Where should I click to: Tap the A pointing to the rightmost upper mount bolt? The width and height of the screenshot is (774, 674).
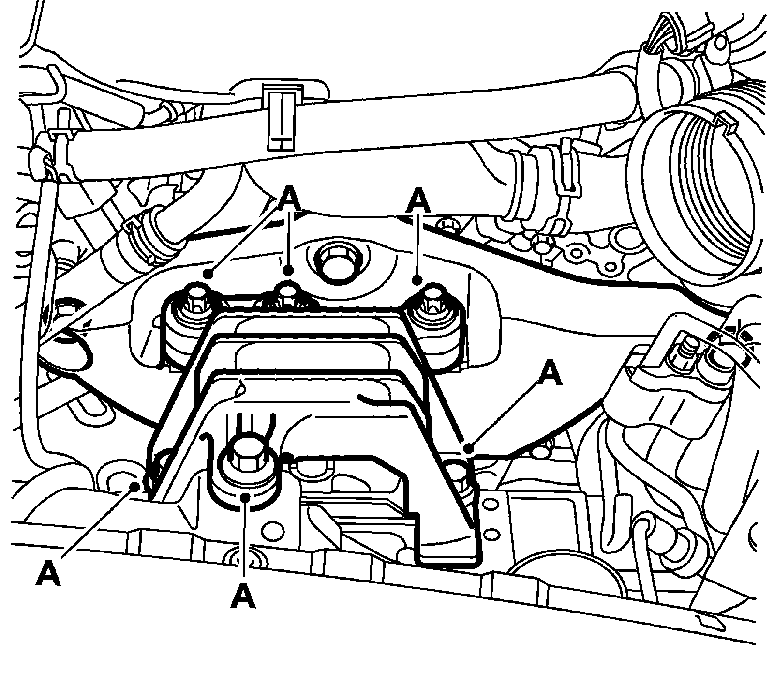(x=418, y=200)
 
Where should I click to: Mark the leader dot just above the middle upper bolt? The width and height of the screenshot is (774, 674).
(x=288, y=270)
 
